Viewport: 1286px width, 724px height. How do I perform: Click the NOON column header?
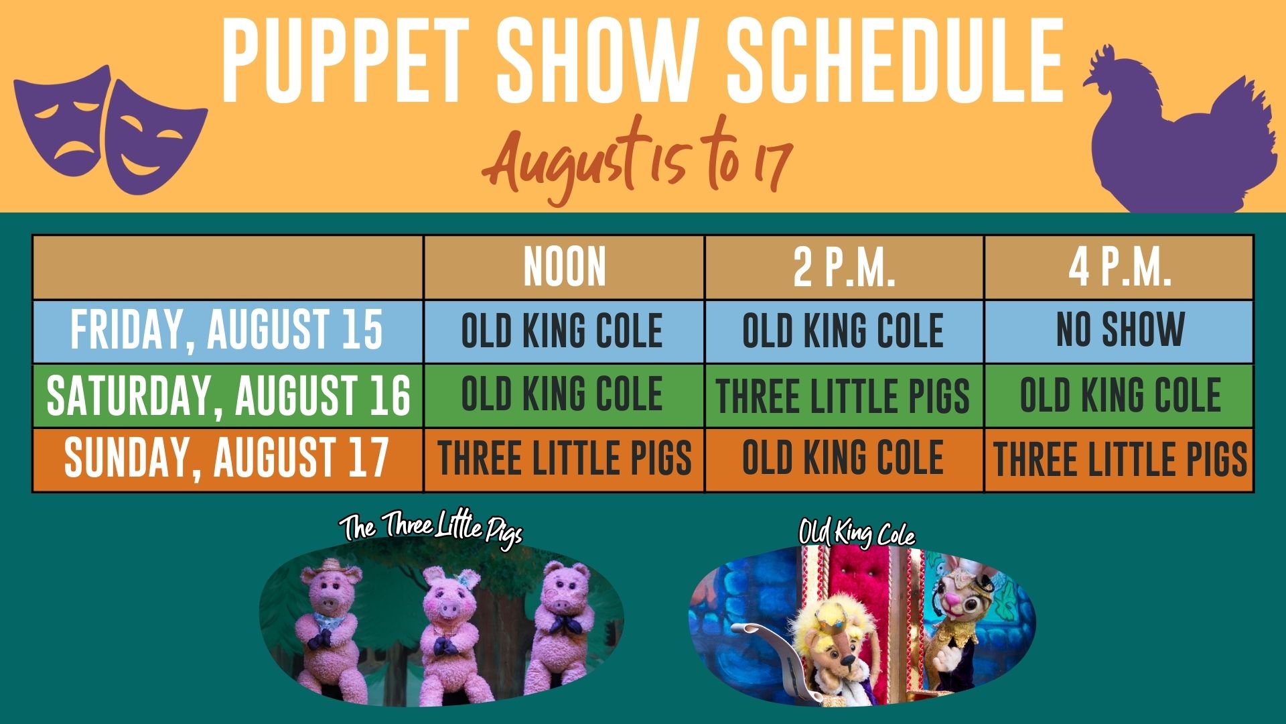(x=565, y=267)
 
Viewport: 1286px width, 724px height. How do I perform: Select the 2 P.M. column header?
(x=844, y=267)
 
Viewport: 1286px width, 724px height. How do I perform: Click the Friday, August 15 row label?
(x=227, y=330)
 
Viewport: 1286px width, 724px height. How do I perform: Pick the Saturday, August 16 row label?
(x=228, y=395)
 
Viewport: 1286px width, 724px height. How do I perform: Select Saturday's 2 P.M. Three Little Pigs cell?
(x=843, y=395)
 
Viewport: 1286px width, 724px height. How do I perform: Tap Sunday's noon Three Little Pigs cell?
(x=565, y=459)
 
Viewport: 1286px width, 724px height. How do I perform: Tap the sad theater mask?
(x=62, y=121)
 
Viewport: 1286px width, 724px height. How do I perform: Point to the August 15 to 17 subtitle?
(x=636, y=161)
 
